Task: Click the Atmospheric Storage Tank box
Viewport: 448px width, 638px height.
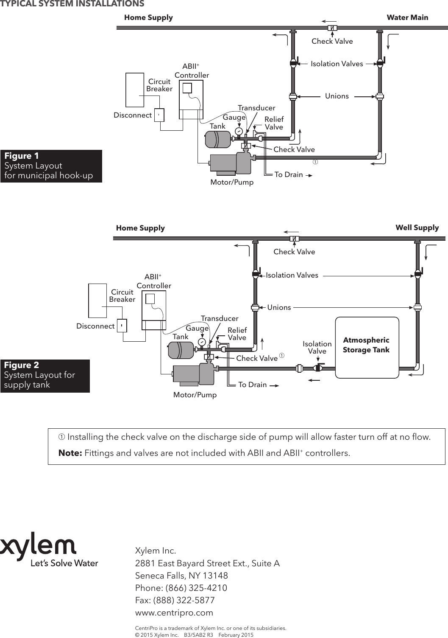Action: (367, 347)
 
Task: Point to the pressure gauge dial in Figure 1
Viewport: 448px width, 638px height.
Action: (239, 131)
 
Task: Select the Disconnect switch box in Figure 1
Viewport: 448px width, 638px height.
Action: (159, 115)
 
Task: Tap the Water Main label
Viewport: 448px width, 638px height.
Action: (407, 17)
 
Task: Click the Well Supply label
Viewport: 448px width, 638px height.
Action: (417, 228)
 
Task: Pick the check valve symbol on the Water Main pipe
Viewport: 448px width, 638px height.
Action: (333, 28)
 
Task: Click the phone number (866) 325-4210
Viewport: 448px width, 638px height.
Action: (196, 588)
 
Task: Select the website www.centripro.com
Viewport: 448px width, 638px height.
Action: (174, 613)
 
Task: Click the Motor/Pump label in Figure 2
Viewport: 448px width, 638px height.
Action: (195, 395)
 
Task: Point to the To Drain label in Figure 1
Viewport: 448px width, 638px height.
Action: (289, 174)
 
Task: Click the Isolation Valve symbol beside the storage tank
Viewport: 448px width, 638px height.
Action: (317, 368)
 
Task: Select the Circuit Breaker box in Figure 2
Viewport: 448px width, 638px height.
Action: (97, 301)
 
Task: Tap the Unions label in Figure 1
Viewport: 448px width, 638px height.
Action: (337, 96)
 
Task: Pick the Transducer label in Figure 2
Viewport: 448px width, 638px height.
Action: (220, 318)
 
